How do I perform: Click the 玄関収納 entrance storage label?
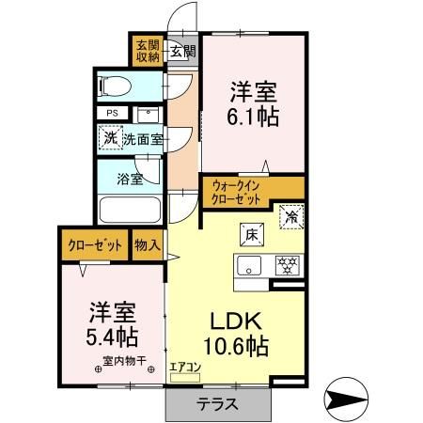[x=147, y=50]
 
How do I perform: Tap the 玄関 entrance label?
[x=181, y=52]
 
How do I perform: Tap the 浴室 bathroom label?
[x=129, y=177]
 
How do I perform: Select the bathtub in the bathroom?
[x=130, y=209]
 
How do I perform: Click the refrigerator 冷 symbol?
[x=291, y=215]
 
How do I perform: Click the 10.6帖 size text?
[x=237, y=346]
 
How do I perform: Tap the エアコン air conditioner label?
[x=185, y=368]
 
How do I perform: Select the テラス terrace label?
[x=216, y=405]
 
